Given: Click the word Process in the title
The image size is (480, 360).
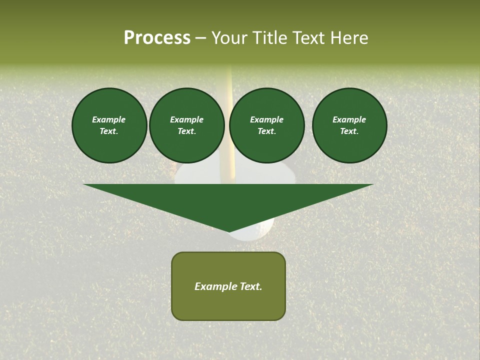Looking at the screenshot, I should pos(157,38).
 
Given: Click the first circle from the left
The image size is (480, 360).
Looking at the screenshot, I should pos(109,125).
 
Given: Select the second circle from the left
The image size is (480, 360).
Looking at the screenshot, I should pos(186,125).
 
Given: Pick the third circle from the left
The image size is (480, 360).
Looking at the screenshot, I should pos(266,125).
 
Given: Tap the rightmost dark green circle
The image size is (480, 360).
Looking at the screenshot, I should pos(349,125).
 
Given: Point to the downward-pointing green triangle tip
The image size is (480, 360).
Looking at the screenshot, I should pos(229,230).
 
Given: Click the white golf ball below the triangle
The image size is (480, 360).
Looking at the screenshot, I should pos(255,233).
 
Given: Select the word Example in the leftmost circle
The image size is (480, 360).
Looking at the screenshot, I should pos(109,119).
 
